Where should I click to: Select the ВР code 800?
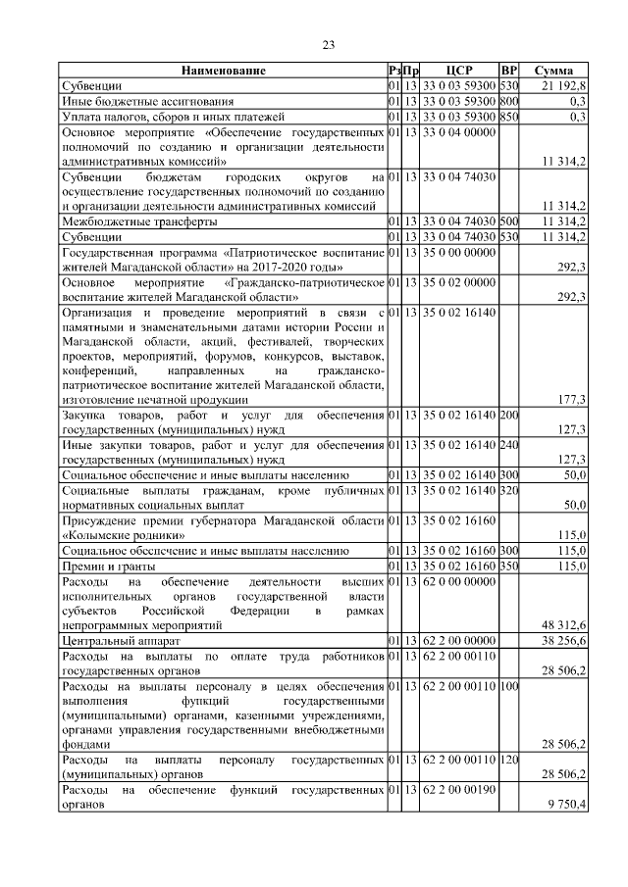[508, 101]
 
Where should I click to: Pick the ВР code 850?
[508, 116]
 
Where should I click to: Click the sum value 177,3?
[571, 400]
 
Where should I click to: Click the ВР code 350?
[508, 566]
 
